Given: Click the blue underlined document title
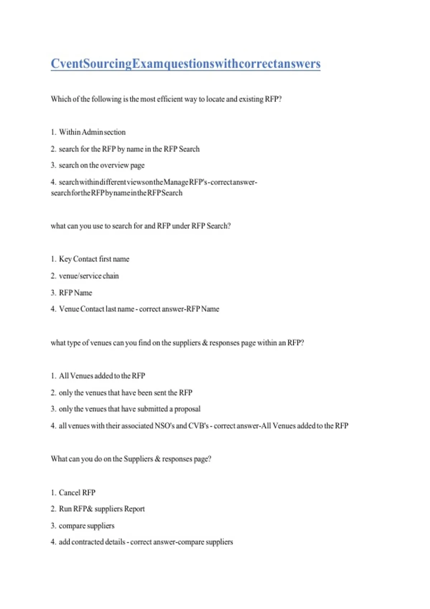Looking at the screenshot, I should click(x=185, y=64).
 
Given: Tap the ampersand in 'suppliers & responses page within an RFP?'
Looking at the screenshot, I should click(x=205, y=343).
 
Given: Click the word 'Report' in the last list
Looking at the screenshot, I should click(x=134, y=509).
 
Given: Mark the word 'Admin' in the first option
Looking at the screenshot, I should click(x=92, y=132).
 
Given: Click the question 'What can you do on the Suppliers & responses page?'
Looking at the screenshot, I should click(x=131, y=459).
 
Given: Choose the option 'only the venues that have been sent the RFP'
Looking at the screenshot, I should click(x=125, y=393).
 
